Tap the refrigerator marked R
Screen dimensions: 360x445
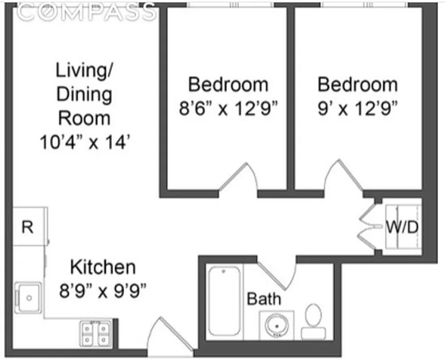pos(28,226)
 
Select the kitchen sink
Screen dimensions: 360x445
pos(28,297)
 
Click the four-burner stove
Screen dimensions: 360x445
pos(95,333)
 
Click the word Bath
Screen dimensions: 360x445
pos(264,299)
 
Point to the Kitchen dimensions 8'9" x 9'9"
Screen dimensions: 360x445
pos(103,291)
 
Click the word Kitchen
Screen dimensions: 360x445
pos(103,267)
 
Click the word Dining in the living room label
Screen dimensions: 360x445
pos(85,94)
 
